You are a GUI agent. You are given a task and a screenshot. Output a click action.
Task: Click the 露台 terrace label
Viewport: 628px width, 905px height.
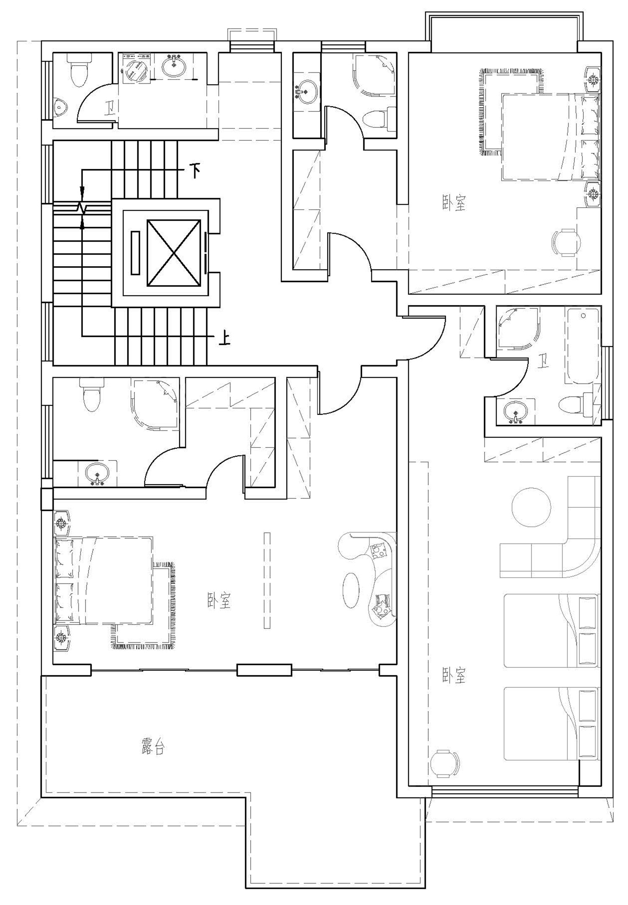click(x=153, y=748)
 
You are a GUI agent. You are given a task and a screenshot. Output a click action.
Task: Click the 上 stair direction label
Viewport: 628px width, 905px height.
click(x=225, y=338)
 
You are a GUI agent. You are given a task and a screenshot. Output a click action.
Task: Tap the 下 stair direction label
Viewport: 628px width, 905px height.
click(x=195, y=171)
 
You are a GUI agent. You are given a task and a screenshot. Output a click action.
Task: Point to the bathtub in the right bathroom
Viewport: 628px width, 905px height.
click(x=582, y=346)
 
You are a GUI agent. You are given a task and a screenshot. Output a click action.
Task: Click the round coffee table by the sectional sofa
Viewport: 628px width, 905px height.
click(x=531, y=507)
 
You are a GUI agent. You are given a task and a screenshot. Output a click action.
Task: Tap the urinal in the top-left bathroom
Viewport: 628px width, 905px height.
click(x=61, y=108)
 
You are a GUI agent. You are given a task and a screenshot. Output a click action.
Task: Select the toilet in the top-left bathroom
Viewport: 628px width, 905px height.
click(x=78, y=69)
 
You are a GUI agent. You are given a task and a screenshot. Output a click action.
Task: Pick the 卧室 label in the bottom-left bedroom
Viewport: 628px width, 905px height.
click(x=219, y=600)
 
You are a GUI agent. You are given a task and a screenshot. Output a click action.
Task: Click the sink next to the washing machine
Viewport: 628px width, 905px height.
click(x=174, y=66)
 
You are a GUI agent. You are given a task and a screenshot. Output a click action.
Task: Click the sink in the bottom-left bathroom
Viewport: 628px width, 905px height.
click(x=97, y=474)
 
